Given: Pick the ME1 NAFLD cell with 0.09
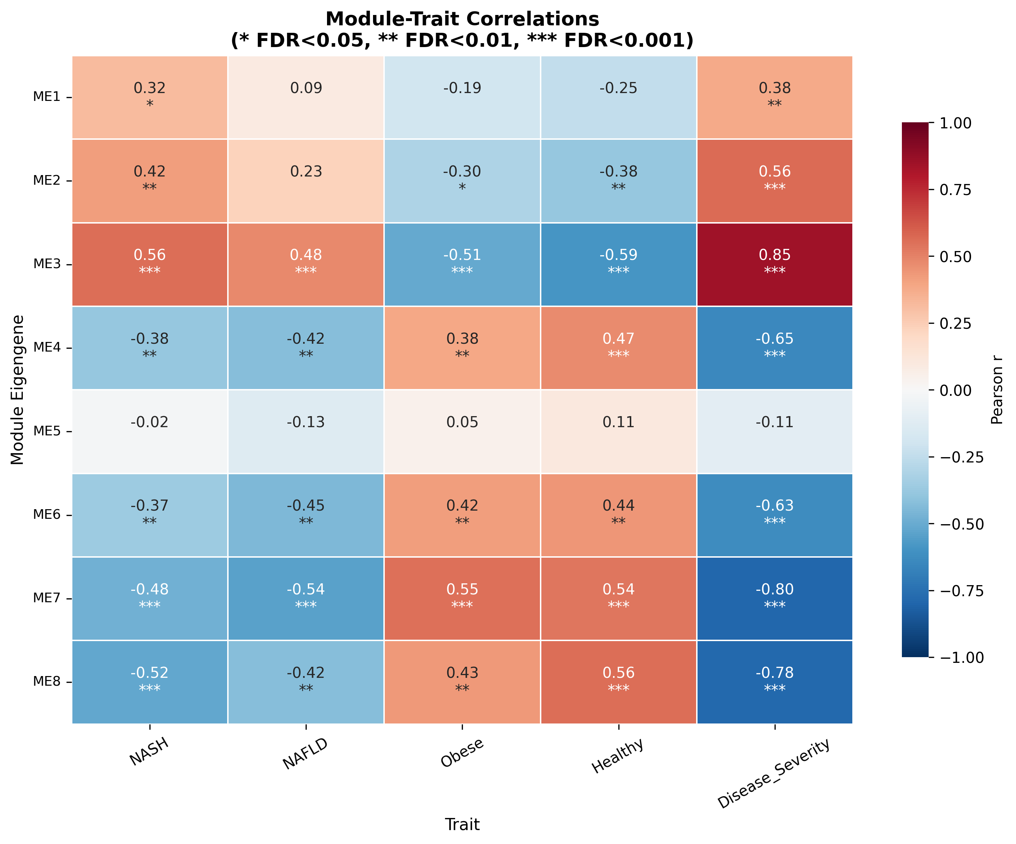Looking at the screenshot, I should [x=306, y=97].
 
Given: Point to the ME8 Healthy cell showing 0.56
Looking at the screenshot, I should [x=618, y=681].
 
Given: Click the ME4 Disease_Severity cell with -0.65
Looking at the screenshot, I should [x=774, y=347].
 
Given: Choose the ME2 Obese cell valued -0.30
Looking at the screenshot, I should [x=462, y=180].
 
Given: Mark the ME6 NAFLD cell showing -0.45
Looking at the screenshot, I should [x=306, y=515].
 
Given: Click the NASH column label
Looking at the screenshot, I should [x=149, y=752].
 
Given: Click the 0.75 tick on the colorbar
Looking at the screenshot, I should [x=955, y=190].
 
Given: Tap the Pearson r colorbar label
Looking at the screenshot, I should [x=997, y=390].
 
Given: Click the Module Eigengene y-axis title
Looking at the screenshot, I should [x=17, y=390].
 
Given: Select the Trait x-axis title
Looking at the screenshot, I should [x=462, y=824].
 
